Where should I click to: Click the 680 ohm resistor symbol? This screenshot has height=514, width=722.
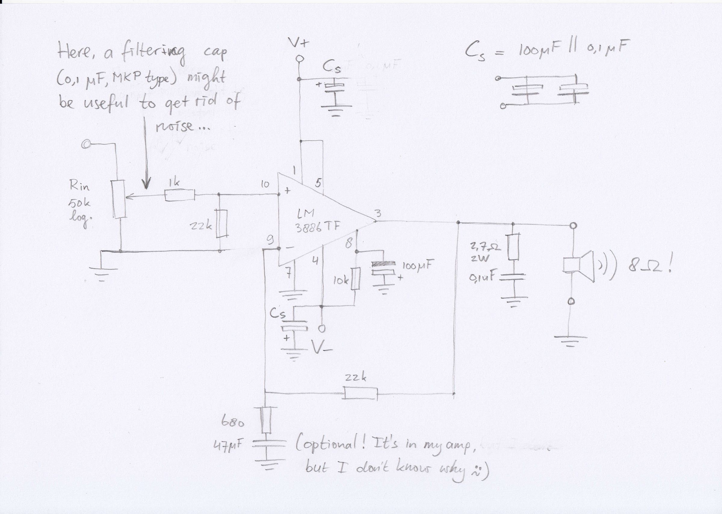[266, 420]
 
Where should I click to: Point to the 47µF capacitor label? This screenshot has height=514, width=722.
[228, 447]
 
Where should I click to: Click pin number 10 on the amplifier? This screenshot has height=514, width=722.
[265, 184]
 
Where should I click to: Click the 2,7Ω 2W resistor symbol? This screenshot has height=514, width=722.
[513, 247]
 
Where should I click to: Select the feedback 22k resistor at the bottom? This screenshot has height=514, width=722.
[361, 394]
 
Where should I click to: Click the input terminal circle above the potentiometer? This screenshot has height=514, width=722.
[85, 145]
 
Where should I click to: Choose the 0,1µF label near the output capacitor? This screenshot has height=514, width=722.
[482, 278]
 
